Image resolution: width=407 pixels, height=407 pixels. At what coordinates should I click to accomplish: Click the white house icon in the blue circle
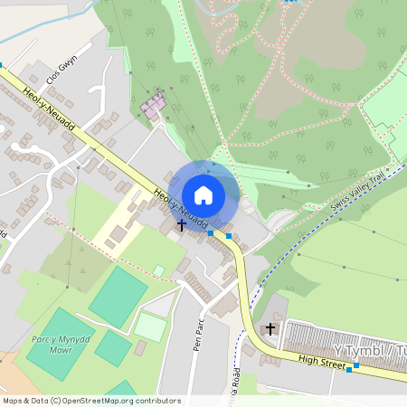(x=203, y=194)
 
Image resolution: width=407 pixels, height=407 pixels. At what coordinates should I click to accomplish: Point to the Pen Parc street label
(x=201, y=333)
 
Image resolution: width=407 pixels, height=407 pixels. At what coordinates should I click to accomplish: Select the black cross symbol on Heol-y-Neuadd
(x=182, y=223)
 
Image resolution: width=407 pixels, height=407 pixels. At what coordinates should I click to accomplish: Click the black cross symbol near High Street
(x=270, y=330)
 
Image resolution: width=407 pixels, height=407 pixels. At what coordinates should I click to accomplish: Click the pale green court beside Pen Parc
(x=150, y=327)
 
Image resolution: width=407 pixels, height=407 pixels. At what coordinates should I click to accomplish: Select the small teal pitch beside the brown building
(x=113, y=348)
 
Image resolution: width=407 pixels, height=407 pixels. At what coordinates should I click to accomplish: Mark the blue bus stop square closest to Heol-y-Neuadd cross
(x=211, y=233)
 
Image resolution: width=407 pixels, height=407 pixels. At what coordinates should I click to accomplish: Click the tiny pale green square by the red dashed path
(x=158, y=270)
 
